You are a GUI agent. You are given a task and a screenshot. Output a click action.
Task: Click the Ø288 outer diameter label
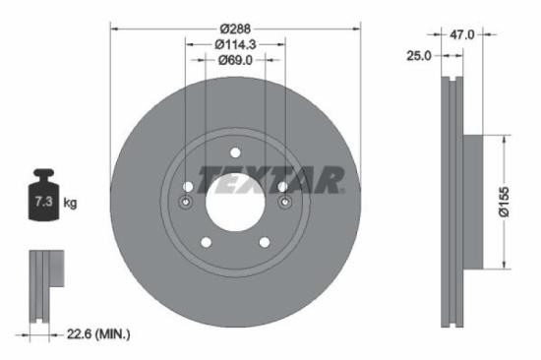(x=235, y=27)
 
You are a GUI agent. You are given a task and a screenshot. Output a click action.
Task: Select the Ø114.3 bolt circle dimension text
(x=235, y=44)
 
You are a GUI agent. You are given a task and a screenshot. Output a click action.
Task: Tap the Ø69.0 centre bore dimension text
(x=235, y=61)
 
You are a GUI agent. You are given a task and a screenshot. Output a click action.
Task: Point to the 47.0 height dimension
(x=461, y=34)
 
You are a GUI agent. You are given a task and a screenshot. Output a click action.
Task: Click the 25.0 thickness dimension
(x=419, y=56)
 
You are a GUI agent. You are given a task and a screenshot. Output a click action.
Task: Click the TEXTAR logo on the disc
(x=271, y=180)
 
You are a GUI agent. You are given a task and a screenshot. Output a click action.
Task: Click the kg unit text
(x=71, y=204)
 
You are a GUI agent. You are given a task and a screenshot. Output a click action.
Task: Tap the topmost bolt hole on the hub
(x=235, y=152)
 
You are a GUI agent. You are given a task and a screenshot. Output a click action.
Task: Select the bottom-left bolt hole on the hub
(x=206, y=242)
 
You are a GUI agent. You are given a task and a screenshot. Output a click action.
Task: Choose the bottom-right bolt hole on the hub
(x=265, y=242)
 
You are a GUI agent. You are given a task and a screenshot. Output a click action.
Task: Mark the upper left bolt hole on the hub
(x=188, y=187)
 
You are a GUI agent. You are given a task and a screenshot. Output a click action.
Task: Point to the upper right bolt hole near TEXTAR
(x=282, y=187)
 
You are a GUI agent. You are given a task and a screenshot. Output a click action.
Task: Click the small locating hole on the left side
(x=186, y=204)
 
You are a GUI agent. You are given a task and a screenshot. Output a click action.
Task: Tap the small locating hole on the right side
(x=284, y=204)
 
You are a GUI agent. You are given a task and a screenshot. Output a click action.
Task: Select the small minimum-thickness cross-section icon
(x=41, y=285)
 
